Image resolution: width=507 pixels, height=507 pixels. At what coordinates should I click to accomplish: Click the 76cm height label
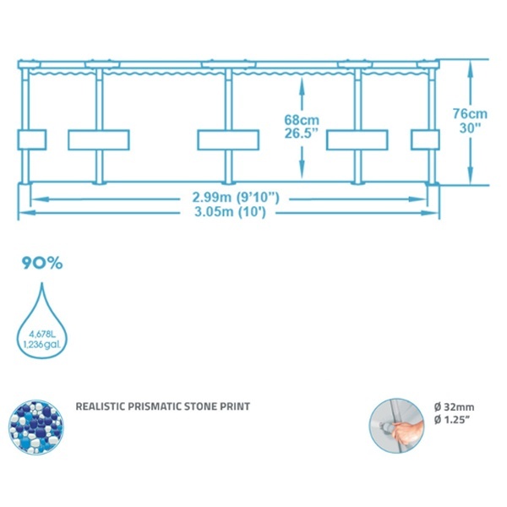pyautogui.click(x=470, y=114)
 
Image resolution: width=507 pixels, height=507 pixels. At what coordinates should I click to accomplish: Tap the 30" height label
pyautogui.click(x=470, y=128)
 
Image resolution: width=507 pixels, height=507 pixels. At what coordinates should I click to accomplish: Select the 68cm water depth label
pyautogui.click(x=302, y=120)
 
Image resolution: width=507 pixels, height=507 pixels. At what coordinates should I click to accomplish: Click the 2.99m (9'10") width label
pyautogui.click(x=236, y=197)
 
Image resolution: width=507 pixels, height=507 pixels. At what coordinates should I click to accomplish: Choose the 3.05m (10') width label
pyautogui.click(x=230, y=212)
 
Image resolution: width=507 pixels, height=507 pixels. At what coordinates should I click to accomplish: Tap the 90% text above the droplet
pyautogui.click(x=42, y=263)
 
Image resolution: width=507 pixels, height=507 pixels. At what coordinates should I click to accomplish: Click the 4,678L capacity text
pyautogui.click(x=42, y=335)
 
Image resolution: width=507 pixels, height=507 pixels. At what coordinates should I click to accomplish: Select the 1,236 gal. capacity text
pyautogui.click(x=41, y=345)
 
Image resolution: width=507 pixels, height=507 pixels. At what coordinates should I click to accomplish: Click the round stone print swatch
pyautogui.click(x=35, y=427)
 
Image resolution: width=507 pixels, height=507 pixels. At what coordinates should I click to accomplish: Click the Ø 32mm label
pyautogui.click(x=455, y=407)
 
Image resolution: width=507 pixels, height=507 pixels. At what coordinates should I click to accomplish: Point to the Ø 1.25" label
pyautogui.click(x=452, y=420)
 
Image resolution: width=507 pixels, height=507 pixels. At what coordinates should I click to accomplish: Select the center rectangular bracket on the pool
pyautogui.click(x=228, y=140)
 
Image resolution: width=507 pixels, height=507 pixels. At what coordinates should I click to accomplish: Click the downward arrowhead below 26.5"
pyautogui.click(x=302, y=170)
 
